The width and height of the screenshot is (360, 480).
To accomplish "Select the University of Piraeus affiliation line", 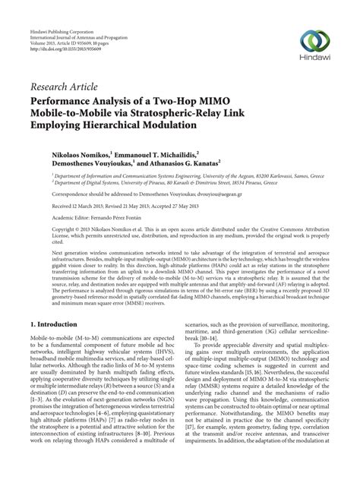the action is pyautogui.click(x=168, y=182).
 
